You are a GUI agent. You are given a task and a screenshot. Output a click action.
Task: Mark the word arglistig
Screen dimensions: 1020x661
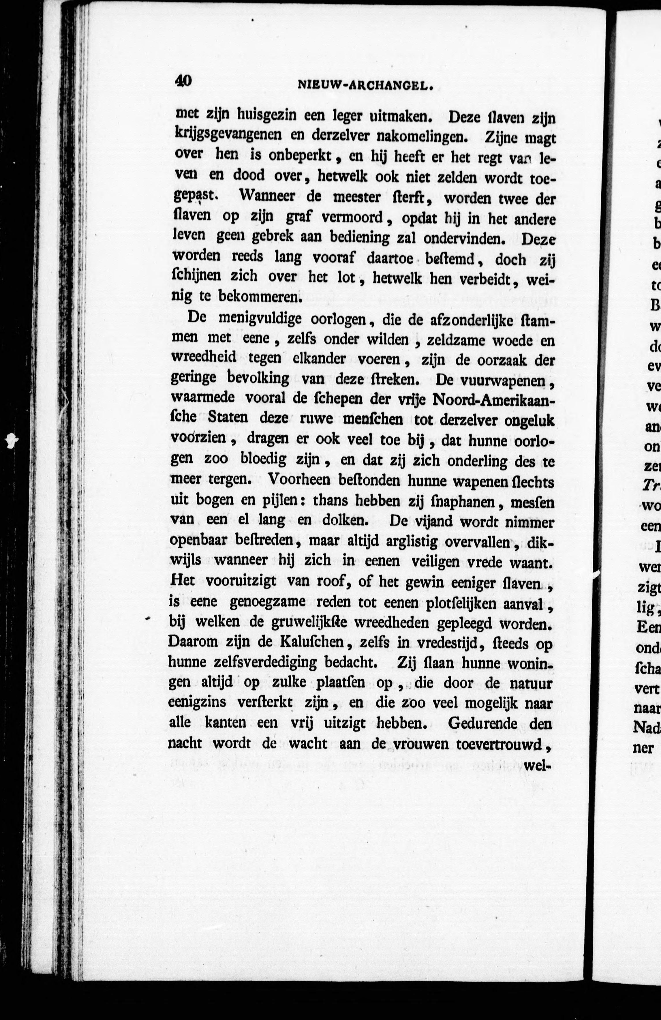pyautogui.click(x=411, y=541)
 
